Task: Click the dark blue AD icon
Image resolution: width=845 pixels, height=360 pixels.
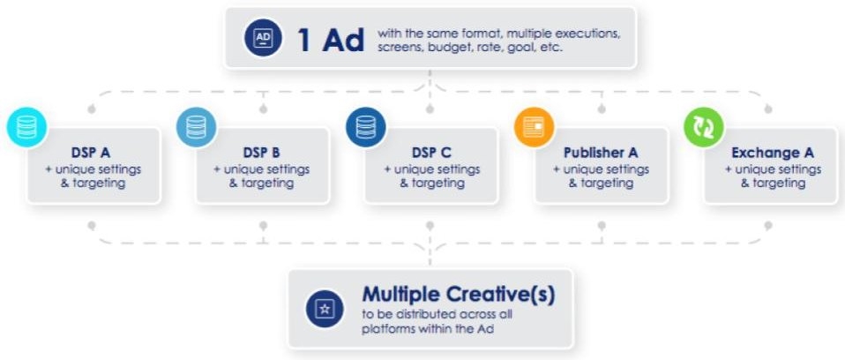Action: click(263, 38)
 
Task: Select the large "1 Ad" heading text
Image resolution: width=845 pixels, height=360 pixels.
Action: click(331, 40)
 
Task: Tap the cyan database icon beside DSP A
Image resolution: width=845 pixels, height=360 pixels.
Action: click(27, 127)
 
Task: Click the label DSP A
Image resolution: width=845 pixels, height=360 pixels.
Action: click(91, 153)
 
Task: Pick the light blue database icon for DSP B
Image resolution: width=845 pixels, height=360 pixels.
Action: click(196, 127)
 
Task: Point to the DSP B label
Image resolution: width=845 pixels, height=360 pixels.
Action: click(261, 153)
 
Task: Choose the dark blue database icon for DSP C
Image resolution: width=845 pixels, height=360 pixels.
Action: click(366, 127)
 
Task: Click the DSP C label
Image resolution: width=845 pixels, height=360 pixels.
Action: click(431, 153)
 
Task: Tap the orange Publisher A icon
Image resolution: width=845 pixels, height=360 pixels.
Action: click(534, 127)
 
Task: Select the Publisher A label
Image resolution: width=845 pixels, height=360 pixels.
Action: click(601, 153)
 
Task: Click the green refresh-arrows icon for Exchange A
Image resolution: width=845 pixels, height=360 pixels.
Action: click(704, 127)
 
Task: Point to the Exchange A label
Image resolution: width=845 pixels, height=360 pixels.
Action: click(773, 153)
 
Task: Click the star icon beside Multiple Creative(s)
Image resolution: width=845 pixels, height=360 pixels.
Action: click(325, 309)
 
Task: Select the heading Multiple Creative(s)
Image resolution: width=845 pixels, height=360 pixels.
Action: click(458, 294)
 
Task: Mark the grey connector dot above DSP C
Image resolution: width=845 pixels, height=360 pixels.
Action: click(430, 109)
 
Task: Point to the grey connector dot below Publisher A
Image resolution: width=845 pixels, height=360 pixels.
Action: click(602, 225)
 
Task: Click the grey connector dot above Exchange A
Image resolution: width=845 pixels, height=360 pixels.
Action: click(768, 109)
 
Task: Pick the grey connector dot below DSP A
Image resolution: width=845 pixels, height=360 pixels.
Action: click(92, 225)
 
